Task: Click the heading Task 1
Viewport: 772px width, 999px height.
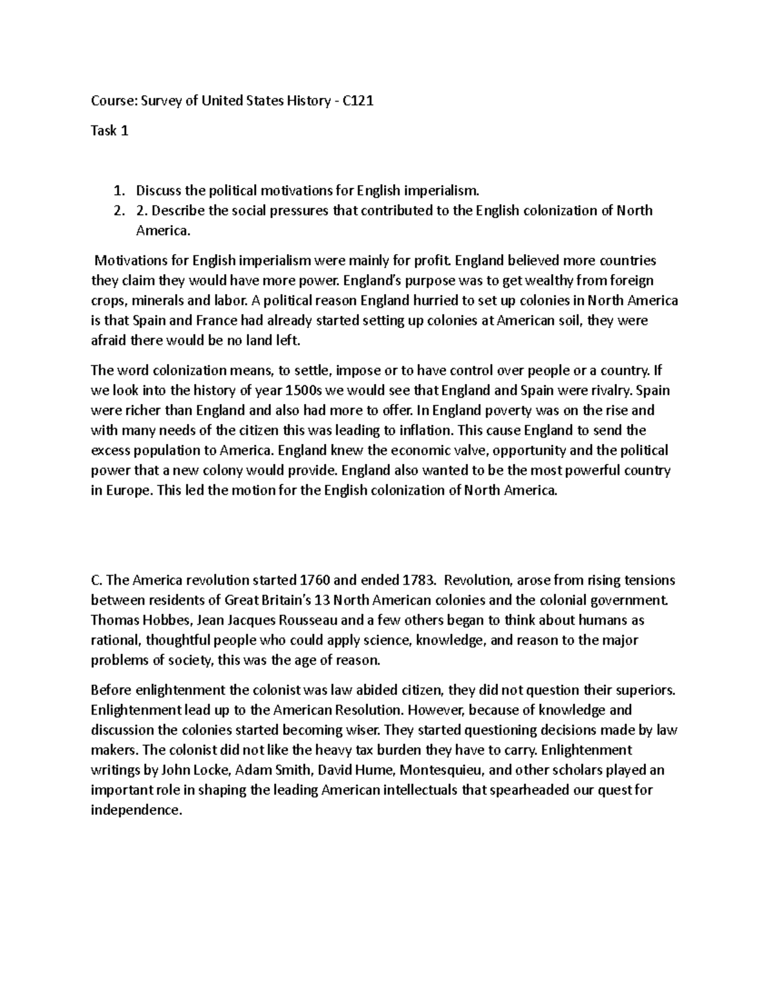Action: [x=109, y=131]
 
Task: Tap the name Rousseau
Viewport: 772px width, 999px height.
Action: [x=307, y=621]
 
